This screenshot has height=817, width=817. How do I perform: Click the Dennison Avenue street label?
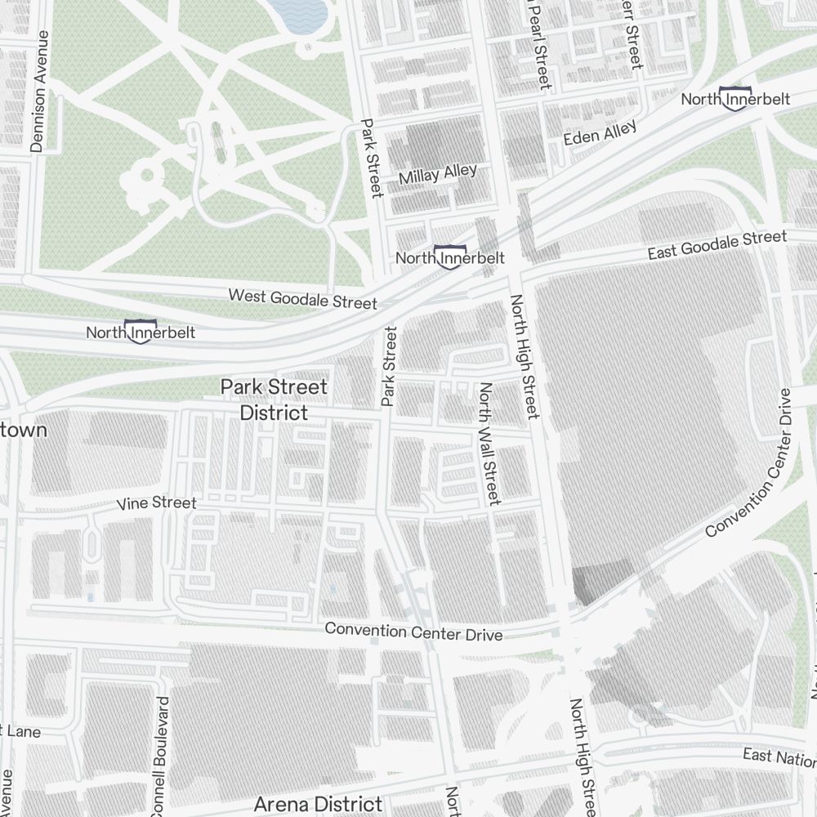coord(38,92)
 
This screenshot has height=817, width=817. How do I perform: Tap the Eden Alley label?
coord(600,133)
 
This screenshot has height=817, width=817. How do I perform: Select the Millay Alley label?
coord(437,174)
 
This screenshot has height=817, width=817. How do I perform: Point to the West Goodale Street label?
coord(302,298)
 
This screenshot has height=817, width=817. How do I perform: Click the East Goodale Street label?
coord(717,245)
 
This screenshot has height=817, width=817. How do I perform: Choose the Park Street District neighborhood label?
coord(274,400)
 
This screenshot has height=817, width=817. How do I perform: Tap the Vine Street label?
coord(157,502)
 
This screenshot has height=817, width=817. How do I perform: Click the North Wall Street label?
coord(489,444)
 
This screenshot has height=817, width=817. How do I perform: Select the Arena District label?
coord(318,804)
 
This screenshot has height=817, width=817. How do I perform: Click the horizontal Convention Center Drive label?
coord(413,632)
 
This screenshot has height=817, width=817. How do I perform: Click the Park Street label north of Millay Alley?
coord(372,158)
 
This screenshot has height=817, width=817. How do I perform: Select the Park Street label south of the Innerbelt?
coord(389,366)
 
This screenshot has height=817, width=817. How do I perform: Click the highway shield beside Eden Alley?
coord(734,97)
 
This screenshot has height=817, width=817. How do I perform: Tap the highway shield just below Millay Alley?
coord(449,257)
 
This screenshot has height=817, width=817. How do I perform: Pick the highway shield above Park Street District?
coord(141,331)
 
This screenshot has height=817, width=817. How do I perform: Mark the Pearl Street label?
coord(541,45)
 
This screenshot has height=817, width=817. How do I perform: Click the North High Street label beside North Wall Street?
coord(525,356)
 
